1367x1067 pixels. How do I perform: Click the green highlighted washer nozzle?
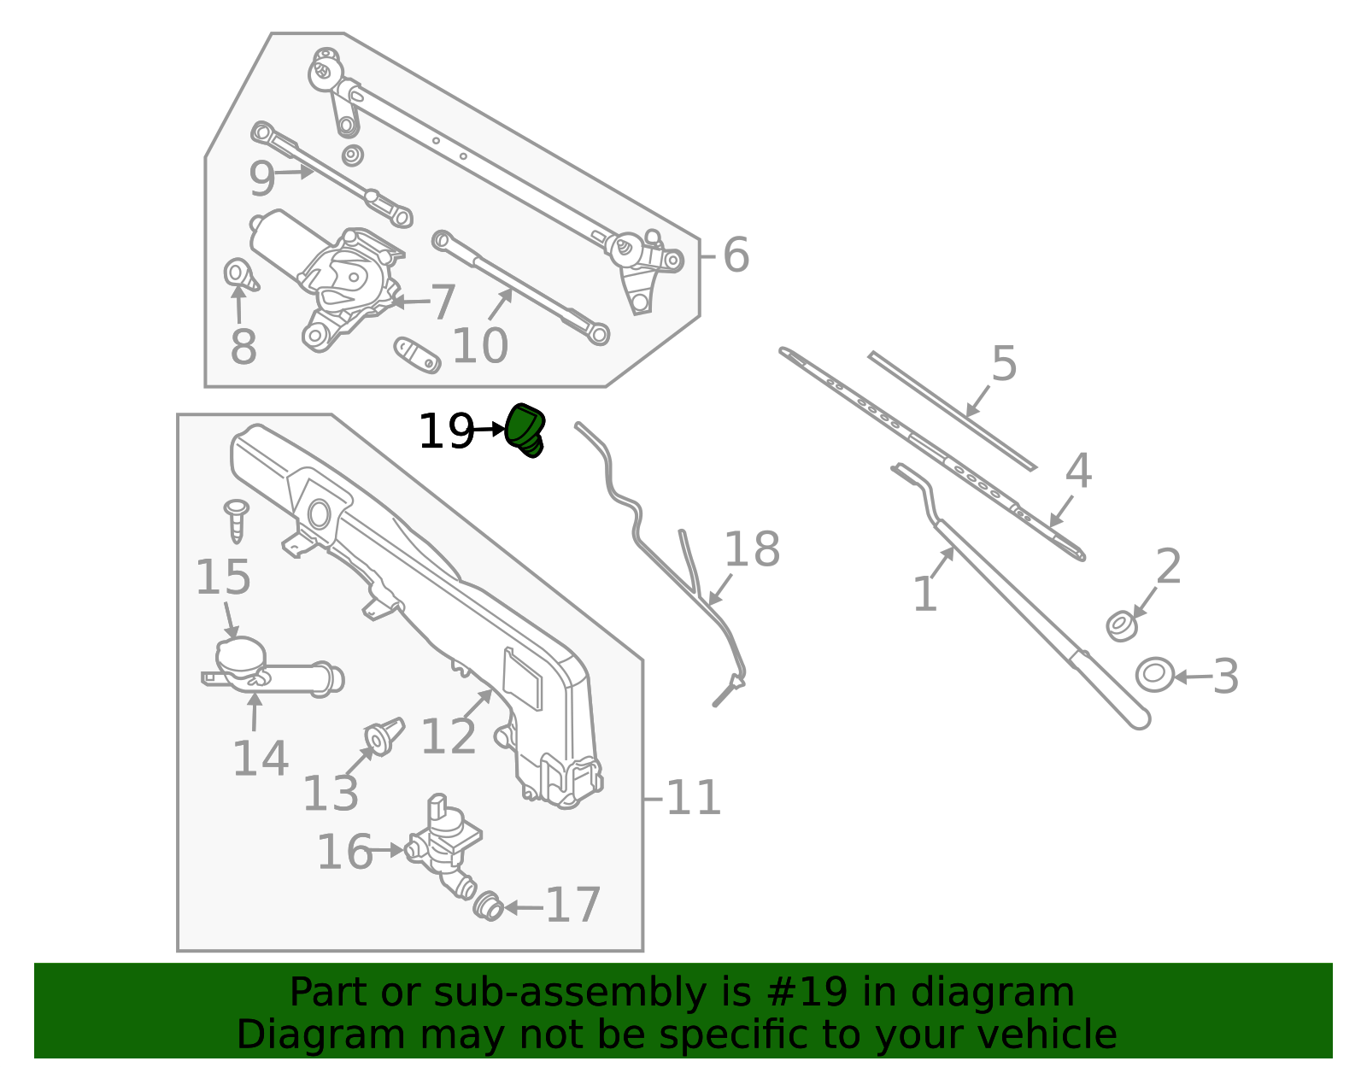click(525, 430)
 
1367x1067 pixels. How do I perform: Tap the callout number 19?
click(445, 431)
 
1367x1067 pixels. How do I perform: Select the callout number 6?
click(736, 255)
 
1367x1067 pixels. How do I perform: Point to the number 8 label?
click(243, 348)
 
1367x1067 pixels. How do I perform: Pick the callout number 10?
click(479, 346)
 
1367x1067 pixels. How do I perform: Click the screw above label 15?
click(237, 519)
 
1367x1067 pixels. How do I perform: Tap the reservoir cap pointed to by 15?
click(241, 655)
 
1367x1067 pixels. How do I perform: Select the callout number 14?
click(260, 759)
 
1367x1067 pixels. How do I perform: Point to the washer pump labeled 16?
click(444, 841)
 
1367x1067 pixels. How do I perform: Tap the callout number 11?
click(693, 798)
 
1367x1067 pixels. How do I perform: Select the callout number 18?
click(752, 549)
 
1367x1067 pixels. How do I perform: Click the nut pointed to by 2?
click(1121, 625)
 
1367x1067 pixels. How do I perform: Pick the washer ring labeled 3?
click(1154, 675)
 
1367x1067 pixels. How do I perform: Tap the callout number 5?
click(1005, 364)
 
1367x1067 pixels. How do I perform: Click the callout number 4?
click(1078, 472)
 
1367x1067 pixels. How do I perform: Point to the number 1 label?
click(925, 594)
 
